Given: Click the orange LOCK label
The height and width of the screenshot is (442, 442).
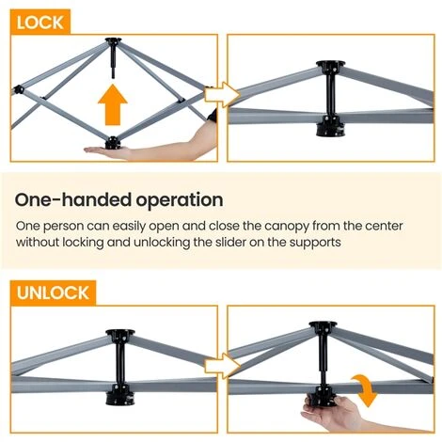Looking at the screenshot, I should (40, 20).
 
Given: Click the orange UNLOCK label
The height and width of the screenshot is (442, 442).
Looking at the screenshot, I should (54, 292).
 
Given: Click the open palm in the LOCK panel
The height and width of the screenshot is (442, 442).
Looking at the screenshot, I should (113, 150).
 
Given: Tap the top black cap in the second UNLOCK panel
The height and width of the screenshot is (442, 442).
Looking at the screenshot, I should (322, 330).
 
